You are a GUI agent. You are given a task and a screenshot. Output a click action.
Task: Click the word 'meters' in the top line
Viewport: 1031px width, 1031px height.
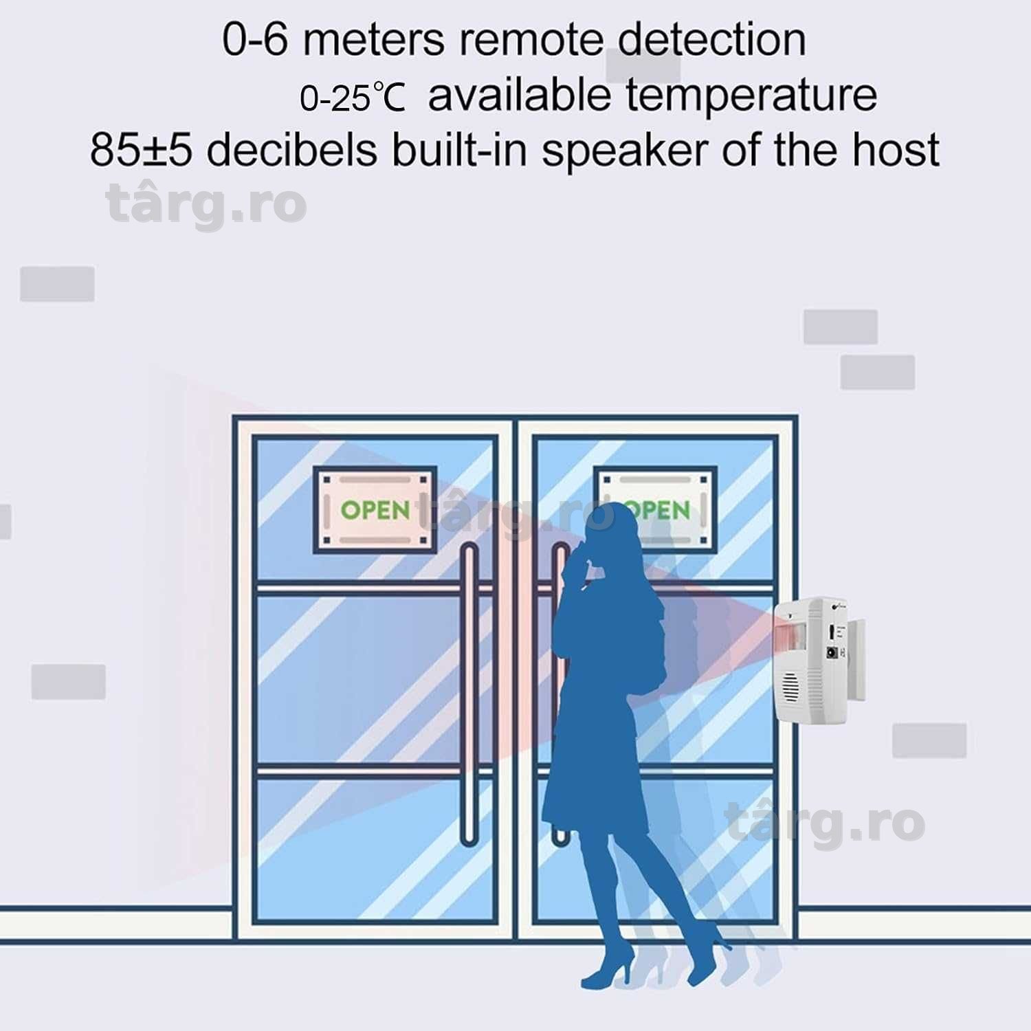pyautogui.click(x=374, y=40)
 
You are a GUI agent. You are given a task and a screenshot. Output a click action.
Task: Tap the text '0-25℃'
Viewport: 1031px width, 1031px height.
pyautogui.click(x=353, y=98)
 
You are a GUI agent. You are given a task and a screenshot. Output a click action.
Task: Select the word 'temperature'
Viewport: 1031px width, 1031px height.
pyautogui.click(x=751, y=96)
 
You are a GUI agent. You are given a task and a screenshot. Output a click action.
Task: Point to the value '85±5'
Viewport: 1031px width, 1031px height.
pyautogui.click(x=141, y=150)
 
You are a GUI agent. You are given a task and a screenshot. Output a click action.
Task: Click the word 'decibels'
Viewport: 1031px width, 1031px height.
pyautogui.click(x=291, y=149)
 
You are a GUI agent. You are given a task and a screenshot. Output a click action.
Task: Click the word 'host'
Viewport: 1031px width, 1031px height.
pyautogui.click(x=896, y=149)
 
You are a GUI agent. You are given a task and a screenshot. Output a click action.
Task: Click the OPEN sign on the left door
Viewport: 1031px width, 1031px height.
pyautogui.click(x=375, y=509)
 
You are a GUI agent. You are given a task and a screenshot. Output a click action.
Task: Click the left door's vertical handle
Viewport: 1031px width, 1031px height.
pyautogui.click(x=469, y=694)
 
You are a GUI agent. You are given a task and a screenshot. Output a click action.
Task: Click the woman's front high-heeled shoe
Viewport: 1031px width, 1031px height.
pyautogui.click(x=609, y=965)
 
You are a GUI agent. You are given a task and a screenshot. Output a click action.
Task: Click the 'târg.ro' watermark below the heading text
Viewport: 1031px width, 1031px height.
pyautogui.click(x=207, y=204)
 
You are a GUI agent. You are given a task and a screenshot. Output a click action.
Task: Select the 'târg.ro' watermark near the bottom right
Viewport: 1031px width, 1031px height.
pyautogui.click(x=825, y=823)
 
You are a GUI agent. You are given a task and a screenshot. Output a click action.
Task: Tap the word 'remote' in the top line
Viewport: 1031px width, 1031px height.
pyautogui.click(x=531, y=40)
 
